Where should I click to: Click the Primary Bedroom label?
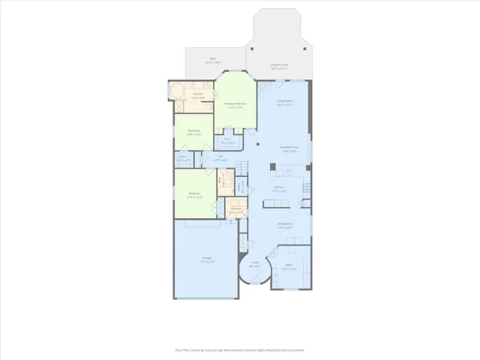click(x=235, y=105)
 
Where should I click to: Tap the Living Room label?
click(x=285, y=104)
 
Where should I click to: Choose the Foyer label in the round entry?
click(x=256, y=264)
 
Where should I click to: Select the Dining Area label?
click(x=284, y=225)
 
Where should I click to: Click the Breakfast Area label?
click(x=289, y=148)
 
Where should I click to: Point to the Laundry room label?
click(x=235, y=211)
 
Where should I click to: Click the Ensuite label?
click(x=198, y=95)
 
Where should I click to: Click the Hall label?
click(x=221, y=158)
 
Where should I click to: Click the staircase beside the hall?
click(x=241, y=166)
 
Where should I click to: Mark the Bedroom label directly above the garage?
click(x=195, y=195)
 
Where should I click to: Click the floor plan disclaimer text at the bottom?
click(x=240, y=349)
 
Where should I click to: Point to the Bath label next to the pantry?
click(x=221, y=180)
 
